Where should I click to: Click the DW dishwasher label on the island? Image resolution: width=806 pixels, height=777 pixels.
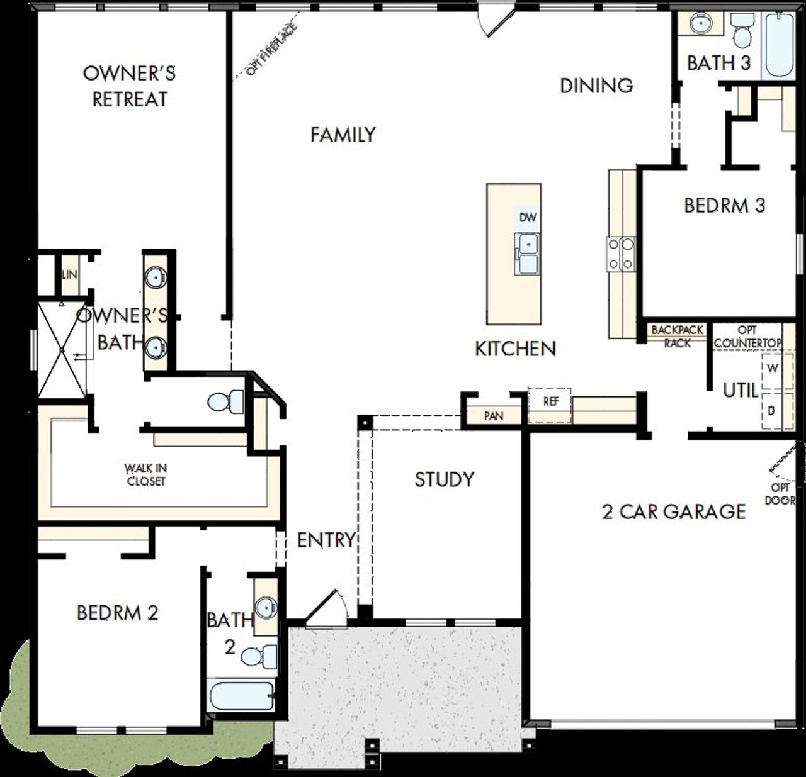(528, 218)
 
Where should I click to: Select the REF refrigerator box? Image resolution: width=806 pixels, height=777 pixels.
(550, 401)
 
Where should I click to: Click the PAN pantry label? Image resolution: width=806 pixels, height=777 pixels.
(494, 416)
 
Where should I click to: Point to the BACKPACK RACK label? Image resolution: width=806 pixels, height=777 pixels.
(677, 337)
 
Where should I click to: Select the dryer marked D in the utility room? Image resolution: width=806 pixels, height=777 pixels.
(771, 411)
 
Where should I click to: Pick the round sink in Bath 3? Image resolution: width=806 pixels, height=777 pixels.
(699, 24)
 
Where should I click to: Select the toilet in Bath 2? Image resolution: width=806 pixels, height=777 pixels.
(258, 656)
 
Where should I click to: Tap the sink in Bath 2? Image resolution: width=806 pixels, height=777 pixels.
(266, 608)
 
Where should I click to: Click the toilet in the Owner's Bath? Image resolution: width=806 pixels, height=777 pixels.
(225, 401)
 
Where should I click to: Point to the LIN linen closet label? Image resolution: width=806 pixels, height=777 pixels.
(69, 275)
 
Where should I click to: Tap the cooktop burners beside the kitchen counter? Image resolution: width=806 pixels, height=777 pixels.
(621, 254)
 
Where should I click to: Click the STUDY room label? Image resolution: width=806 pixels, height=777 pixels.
(444, 479)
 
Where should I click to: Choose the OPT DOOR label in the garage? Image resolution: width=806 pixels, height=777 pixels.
(780, 494)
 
